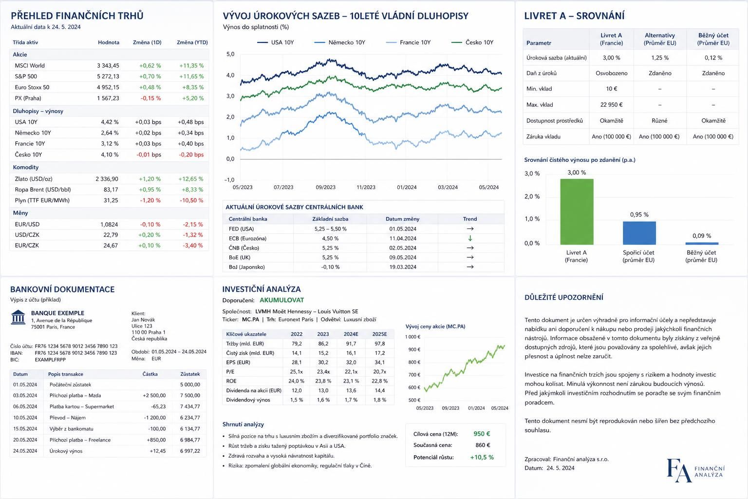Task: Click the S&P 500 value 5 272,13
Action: pos(108,77)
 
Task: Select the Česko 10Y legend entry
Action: pos(472,42)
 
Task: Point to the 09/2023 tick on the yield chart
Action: pos(326,187)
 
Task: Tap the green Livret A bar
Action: pos(577,211)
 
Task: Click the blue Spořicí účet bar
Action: pos(639,233)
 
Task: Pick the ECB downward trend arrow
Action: pos(470,238)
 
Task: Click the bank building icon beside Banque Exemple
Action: pos(18,317)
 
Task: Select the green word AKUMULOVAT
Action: pos(281,300)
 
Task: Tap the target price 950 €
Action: pos(482,434)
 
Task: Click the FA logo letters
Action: pos(679,470)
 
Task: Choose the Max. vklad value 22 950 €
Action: pos(611,105)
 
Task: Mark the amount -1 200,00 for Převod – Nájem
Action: pos(154,418)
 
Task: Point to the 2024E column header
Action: pos(351,334)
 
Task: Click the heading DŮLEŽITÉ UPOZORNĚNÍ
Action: pos(563,297)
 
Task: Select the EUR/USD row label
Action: pos(27,224)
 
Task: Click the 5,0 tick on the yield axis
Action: pos(230,54)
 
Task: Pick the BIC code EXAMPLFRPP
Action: pos(50,360)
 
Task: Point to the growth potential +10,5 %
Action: pos(482,457)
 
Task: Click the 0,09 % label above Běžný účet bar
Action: pos(702,236)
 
